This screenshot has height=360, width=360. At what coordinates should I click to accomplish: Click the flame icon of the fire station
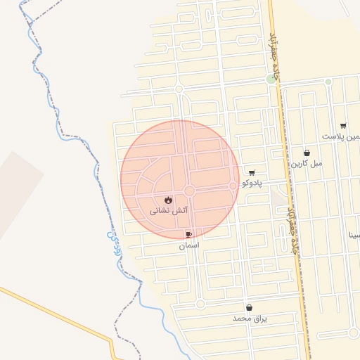tap(168, 200)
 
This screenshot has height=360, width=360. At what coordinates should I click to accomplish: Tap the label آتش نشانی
tap(169, 210)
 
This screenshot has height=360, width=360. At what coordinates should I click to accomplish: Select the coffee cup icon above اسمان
tap(188, 235)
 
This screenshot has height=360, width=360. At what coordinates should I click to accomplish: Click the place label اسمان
tap(188, 245)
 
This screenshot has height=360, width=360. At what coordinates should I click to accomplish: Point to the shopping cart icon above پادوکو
tap(252, 172)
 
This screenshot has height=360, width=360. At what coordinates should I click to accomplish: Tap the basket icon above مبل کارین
tap(307, 153)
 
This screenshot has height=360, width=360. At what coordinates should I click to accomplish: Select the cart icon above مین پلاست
tap(343, 126)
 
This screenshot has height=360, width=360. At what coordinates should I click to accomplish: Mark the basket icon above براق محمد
tap(250, 308)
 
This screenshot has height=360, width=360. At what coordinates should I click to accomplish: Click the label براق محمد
tap(250, 319)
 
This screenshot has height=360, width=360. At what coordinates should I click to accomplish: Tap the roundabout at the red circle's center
tap(189, 191)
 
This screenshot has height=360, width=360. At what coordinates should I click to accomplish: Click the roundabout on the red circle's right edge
tap(233, 186)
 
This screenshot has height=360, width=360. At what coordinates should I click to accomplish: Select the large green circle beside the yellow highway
tap(271, 79)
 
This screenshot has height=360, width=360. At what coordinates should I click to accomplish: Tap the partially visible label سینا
tap(354, 236)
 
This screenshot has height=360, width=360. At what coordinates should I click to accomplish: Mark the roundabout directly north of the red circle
tap(179, 89)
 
